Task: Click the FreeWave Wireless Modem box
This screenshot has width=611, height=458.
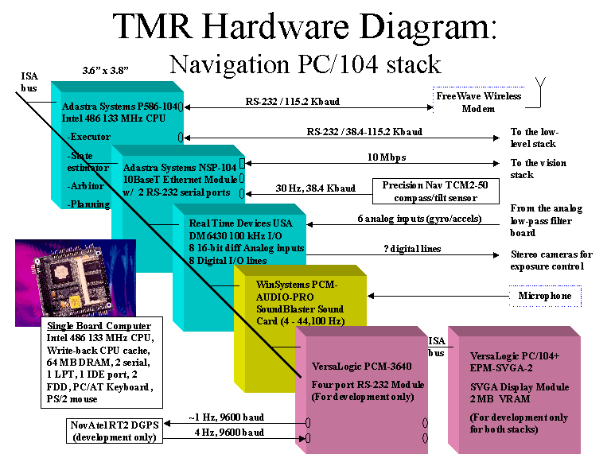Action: (x=478, y=102)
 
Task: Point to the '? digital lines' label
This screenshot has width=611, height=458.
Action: (x=411, y=249)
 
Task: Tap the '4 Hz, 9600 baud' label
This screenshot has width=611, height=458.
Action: (x=228, y=432)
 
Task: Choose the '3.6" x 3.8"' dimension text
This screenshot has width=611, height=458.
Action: (x=105, y=70)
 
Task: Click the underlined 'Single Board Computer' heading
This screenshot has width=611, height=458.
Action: (x=99, y=326)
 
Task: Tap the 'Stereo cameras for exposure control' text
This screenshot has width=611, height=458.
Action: (x=551, y=260)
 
